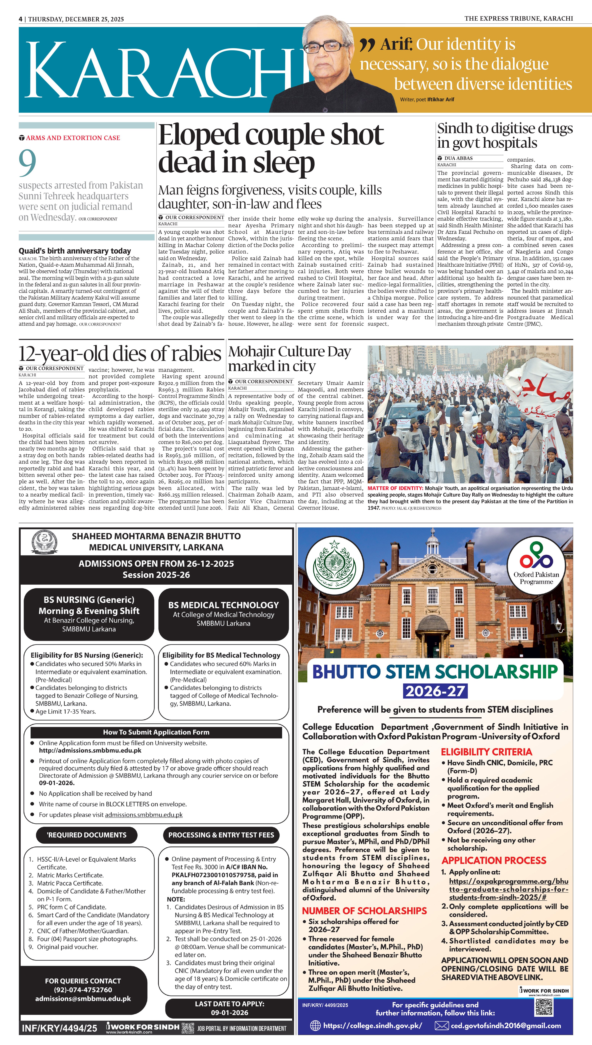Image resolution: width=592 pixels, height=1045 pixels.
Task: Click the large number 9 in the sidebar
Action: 27,163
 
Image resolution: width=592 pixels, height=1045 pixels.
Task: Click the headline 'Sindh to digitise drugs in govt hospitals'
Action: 505,135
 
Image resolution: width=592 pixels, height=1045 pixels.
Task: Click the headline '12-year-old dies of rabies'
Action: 120,353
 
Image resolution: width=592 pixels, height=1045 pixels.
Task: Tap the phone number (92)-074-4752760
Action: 83,990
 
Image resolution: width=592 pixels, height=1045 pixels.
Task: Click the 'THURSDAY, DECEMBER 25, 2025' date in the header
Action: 76,19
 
